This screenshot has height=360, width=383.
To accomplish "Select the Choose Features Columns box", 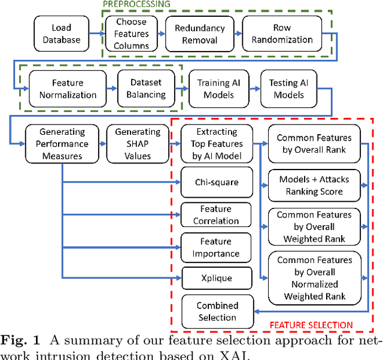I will pos(130,33).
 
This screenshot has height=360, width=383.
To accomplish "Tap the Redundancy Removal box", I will pos(199,33).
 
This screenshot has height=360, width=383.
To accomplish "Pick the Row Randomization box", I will pos(285,33).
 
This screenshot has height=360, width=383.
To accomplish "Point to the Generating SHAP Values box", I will pos(133,144).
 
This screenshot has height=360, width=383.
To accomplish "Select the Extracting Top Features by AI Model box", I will pos(217,144).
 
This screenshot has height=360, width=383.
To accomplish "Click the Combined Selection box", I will pos(217,311).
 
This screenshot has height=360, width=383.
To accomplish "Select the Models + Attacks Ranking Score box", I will pos(314,185).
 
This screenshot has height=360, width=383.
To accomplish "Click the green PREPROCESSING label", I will pos(137,4).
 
